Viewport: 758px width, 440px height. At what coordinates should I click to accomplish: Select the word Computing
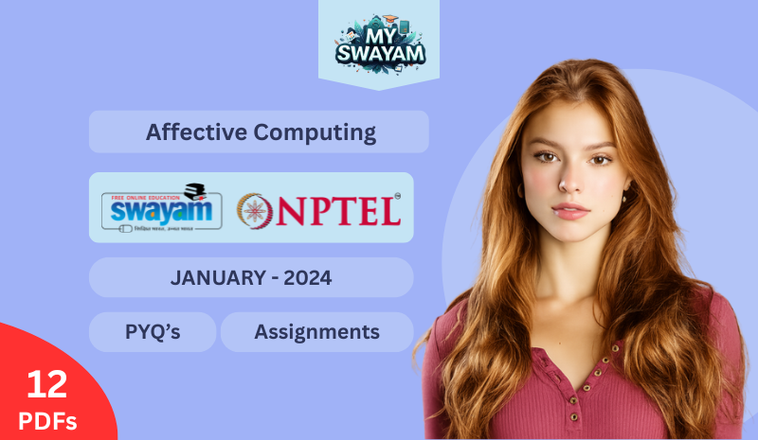tap(315, 132)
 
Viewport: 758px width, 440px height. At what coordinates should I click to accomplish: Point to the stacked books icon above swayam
tap(195, 188)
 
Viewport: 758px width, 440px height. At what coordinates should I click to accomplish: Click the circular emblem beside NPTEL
tap(254, 209)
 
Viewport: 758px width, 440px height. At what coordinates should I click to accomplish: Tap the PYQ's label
tap(153, 332)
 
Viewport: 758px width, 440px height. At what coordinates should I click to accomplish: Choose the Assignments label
tap(316, 332)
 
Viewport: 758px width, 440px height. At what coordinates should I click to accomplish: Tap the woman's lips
tap(570, 209)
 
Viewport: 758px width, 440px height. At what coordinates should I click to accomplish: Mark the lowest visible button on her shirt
tap(575, 416)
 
